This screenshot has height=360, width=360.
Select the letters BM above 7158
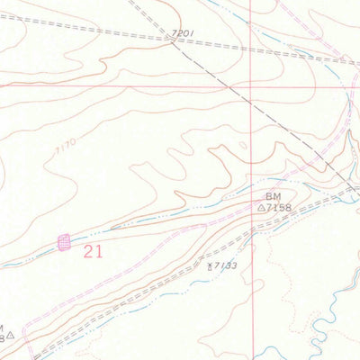coord(274,195)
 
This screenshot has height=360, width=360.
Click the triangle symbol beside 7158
coord(262,207)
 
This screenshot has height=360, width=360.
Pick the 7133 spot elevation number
coord(224,265)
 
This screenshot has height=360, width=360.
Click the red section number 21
coord(93,252)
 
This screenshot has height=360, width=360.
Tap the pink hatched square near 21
coord(64,242)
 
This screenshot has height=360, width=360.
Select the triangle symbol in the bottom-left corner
coord(11,337)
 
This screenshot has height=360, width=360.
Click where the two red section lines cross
coord(251,86)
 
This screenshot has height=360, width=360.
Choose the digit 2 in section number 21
coord(88,252)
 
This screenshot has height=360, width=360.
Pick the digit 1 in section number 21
coord(98,252)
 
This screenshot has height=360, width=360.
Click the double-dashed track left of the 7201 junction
coord(81,28)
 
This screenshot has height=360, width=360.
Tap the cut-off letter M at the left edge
coord(2,328)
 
